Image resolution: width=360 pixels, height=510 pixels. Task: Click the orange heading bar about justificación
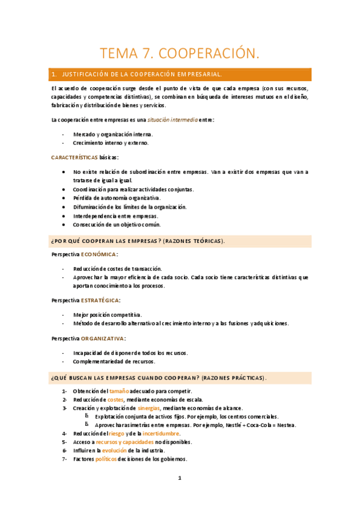click(180, 75)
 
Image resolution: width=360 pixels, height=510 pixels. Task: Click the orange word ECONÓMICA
click(99, 254)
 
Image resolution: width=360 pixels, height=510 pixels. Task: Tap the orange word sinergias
click(148, 408)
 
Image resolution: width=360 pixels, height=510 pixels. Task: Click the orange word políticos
click(107, 459)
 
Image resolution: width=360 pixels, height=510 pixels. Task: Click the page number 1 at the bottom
click(179, 478)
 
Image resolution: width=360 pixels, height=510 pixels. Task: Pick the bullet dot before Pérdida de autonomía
click(64, 198)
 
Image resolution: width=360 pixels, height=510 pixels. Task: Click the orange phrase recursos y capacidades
click(125, 442)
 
